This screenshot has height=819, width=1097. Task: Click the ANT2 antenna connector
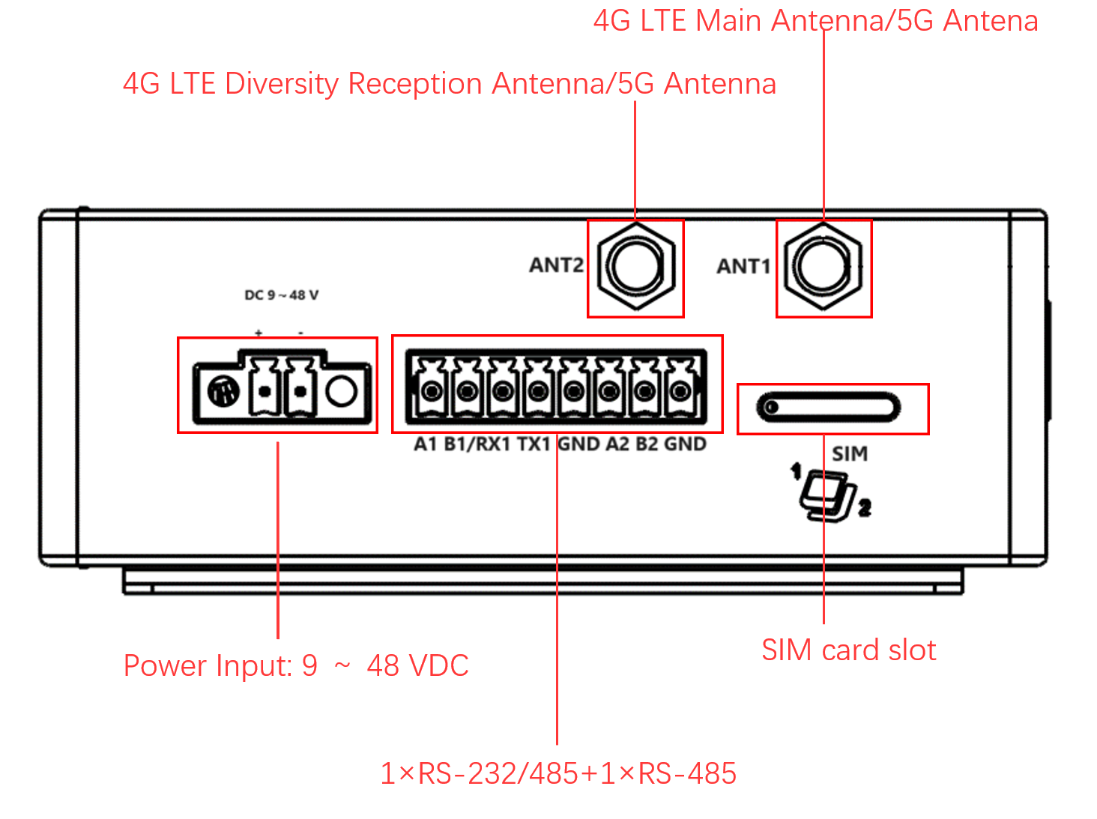click(635, 268)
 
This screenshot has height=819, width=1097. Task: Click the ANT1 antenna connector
click(823, 268)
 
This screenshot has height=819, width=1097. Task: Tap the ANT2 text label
click(556, 265)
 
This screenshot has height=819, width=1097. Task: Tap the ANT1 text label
click(743, 267)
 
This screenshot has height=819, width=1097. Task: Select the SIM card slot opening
click(828, 408)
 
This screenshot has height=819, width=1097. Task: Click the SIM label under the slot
click(850, 454)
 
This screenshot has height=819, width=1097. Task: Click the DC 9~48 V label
click(282, 295)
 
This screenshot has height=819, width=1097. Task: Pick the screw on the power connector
click(223, 391)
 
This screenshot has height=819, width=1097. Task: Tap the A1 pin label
click(425, 444)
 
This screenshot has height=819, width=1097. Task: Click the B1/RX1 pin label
click(477, 444)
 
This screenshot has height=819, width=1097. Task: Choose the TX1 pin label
click(534, 444)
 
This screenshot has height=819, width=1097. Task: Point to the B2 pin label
click(647, 444)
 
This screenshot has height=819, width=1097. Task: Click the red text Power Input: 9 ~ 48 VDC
click(296, 665)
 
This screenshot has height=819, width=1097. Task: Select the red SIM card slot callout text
click(848, 650)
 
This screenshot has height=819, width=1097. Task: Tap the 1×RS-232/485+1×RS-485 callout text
click(558, 773)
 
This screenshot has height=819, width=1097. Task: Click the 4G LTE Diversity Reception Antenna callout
click(449, 84)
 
